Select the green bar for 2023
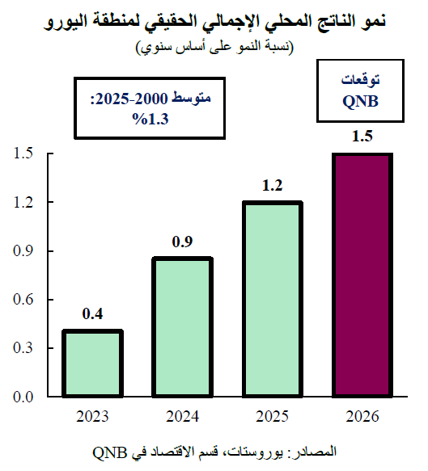tap(93, 364)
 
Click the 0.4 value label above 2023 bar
tap(93, 313)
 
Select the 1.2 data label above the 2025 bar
tap(272, 186)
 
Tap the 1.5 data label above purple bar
tap(362, 137)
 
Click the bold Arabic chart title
tap(214, 19)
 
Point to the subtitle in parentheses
tap(214, 47)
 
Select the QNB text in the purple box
tap(361, 102)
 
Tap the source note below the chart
tap(214, 449)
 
